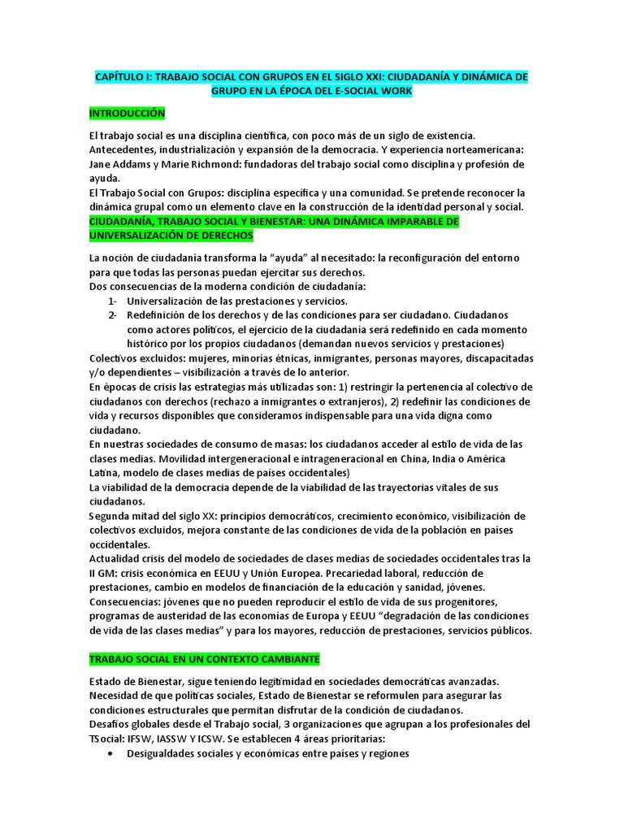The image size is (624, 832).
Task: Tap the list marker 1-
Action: pos(112,301)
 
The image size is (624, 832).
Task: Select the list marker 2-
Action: pos(112,314)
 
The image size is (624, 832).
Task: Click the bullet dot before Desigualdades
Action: pos(110,753)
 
